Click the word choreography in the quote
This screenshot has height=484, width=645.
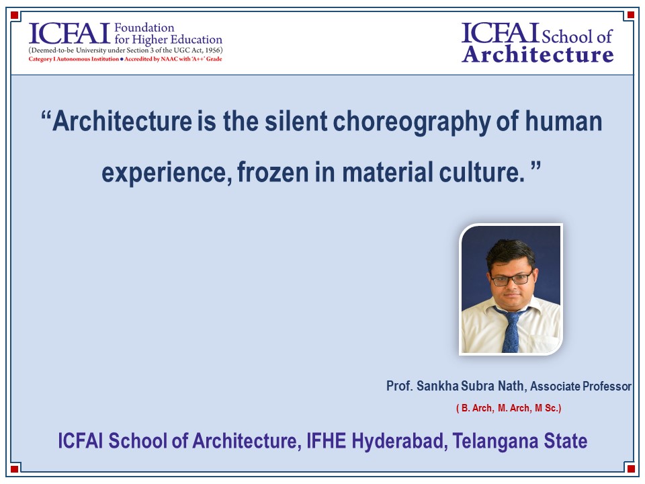(x=411, y=122)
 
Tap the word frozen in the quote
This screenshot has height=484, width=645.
(x=273, y=171)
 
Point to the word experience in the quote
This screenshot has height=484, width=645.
(x=167, y=173)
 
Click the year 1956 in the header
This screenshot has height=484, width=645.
(x=212, y=50)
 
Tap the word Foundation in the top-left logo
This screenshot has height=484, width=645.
(x=144, y=28)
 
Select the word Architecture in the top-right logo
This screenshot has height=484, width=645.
(x=537, y=54)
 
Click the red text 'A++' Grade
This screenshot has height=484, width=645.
(x=206, y=59)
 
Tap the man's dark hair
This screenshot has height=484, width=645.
(x=511, y=253)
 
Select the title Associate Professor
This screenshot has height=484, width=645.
(x=580, y=386)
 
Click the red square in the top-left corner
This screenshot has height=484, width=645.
(x=14, y=15)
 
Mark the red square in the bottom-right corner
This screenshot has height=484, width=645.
(x=631, y=469)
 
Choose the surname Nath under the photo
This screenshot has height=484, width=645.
(x=511, y=386)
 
